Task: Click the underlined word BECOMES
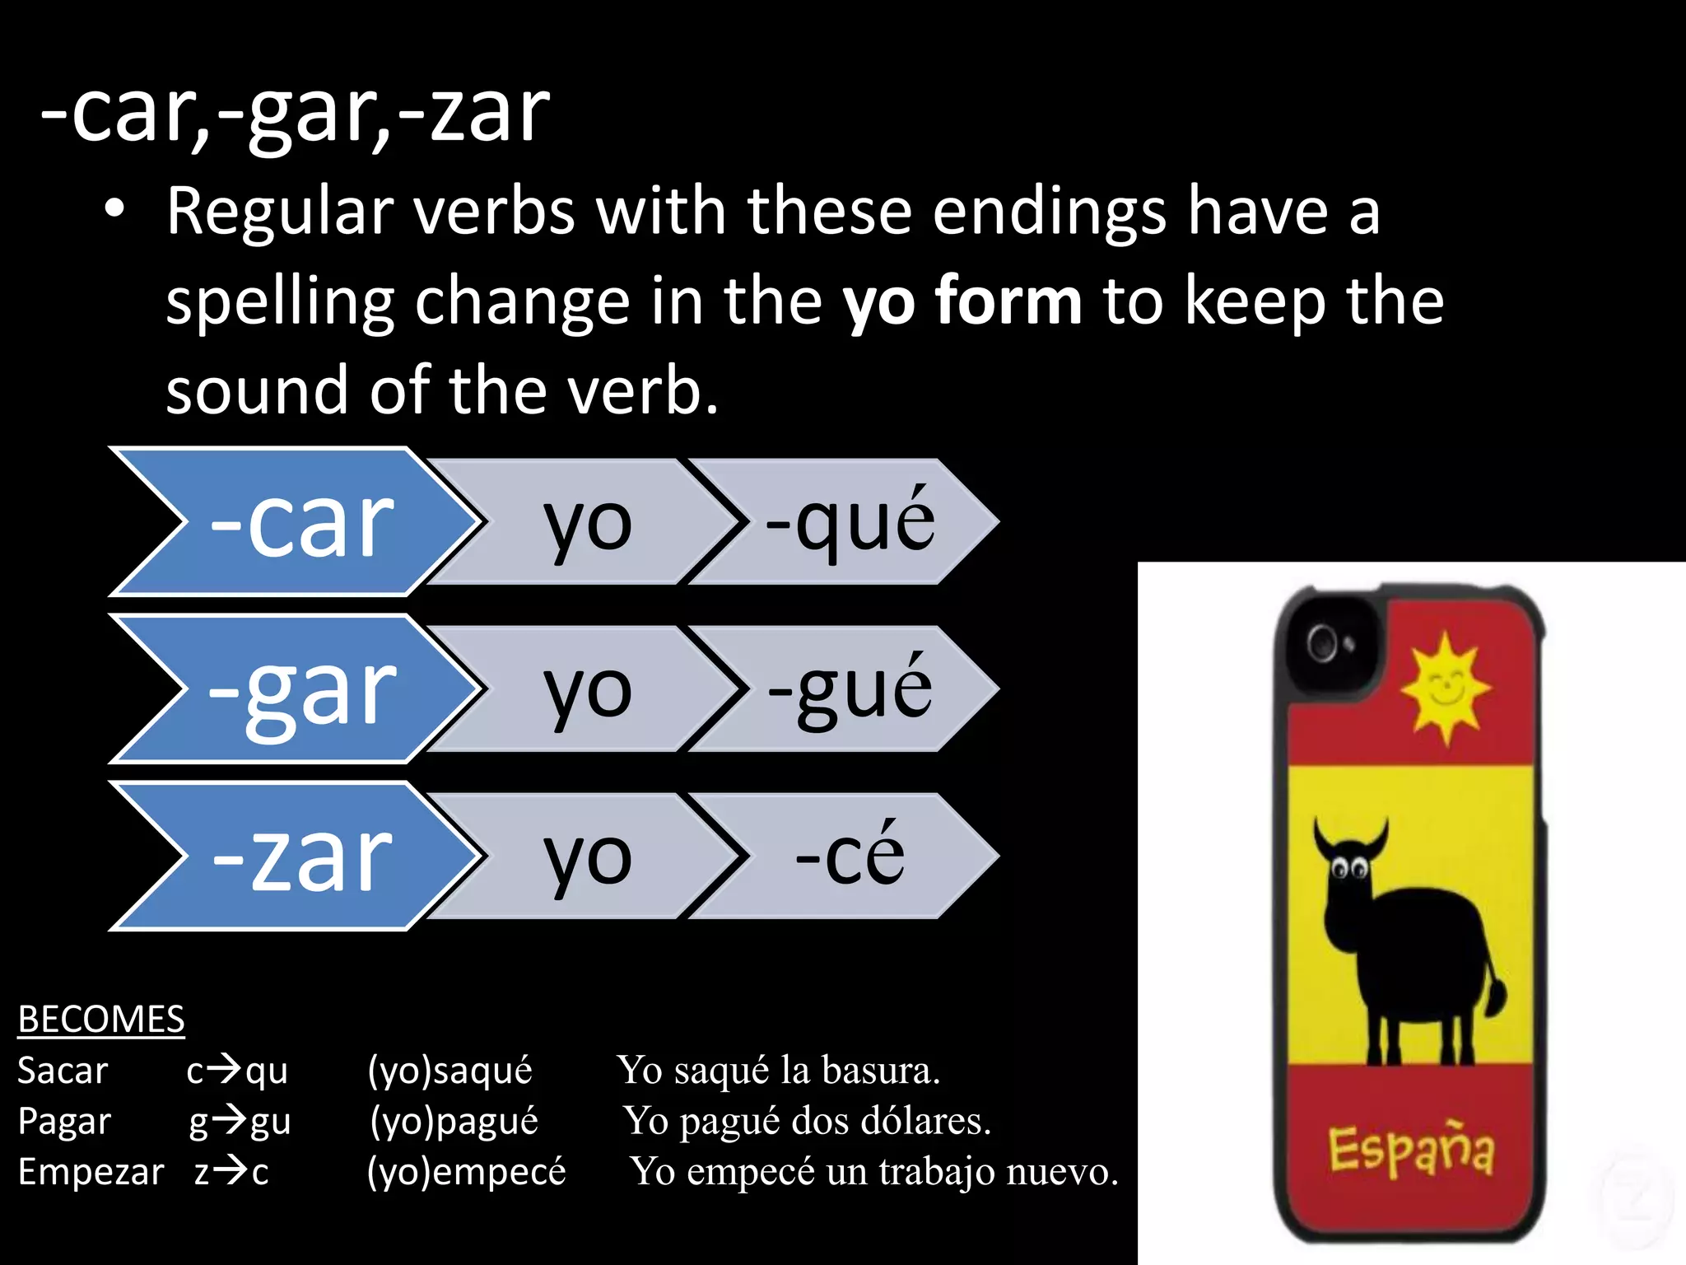[x=101, y=1020]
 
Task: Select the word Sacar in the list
[x=63, y=1071]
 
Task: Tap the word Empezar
[x=91, y=1172]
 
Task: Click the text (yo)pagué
[x=454, y=1122]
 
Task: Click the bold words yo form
[x=962, y=301]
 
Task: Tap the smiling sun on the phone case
[x=1446, y=688]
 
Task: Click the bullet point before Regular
[x=115, y=210]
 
